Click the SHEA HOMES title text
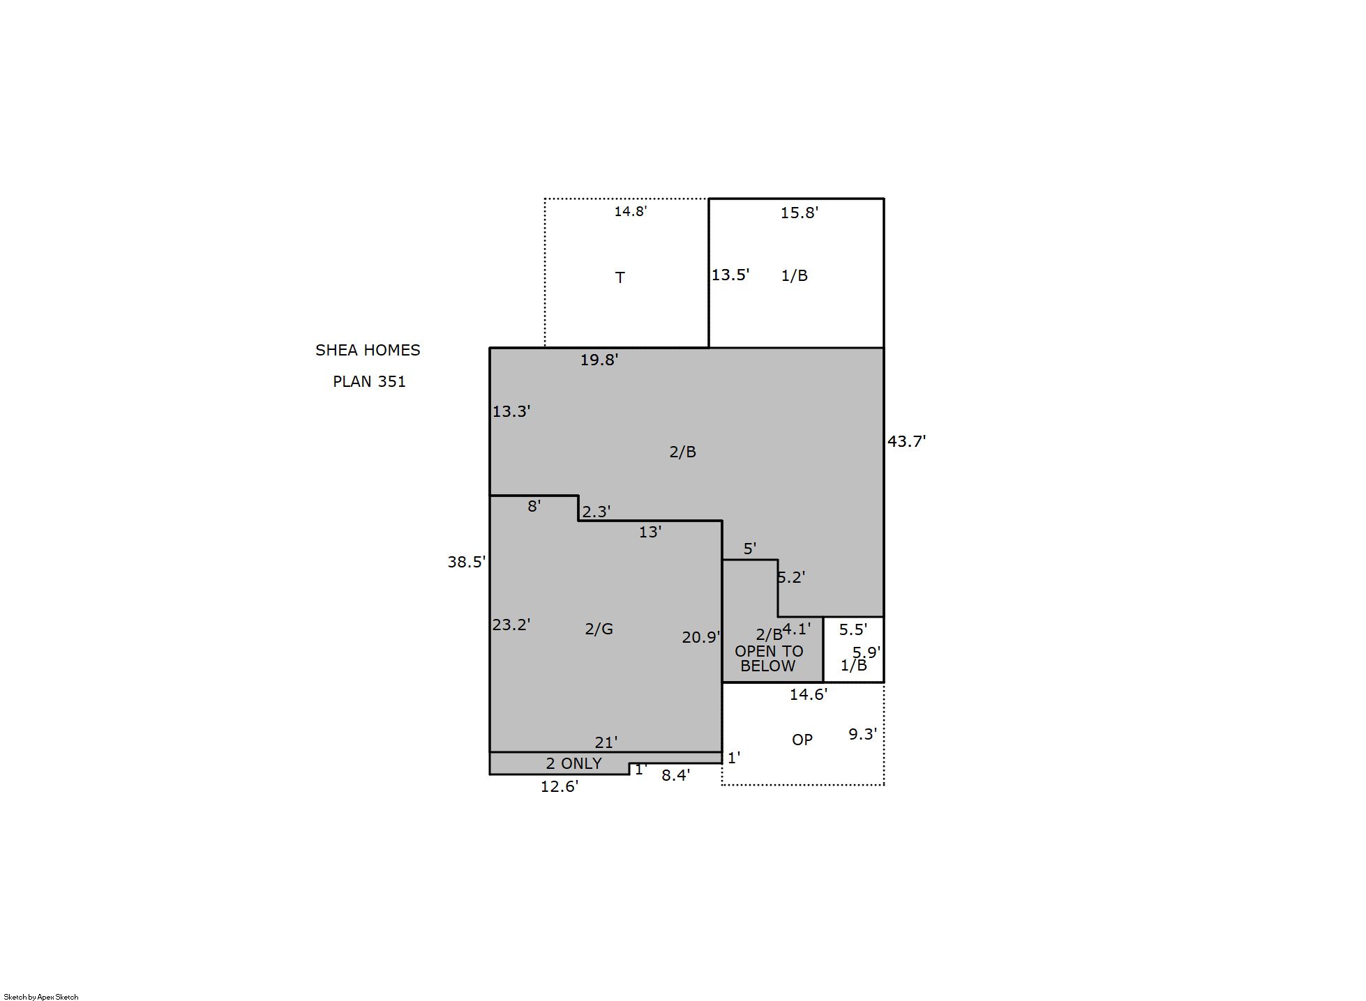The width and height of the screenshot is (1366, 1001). coord(368,350)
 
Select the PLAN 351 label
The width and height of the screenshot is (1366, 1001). coord(369,381)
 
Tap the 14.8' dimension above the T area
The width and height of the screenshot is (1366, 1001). coord(631,211)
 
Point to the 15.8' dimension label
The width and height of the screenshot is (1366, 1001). coord(799,213)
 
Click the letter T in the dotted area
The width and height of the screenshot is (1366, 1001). coord(620,277)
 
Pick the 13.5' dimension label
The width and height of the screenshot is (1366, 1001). coord(730,275)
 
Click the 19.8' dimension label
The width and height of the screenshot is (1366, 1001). coord(599,360)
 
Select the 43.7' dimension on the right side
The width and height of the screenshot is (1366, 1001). coord(906,441)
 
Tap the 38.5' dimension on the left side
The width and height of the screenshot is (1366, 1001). coord(467,562)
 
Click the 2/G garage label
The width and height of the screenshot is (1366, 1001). coord(599,629)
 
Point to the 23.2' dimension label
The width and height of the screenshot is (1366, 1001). coord(511,625)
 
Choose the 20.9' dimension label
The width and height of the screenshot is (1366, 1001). coord(701,637)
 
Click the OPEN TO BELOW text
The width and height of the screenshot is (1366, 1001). coord(768,659)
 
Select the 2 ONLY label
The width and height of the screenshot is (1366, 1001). coord(573,763)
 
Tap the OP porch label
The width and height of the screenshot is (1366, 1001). coord(802,740)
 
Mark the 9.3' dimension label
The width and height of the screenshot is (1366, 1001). coord(862,734)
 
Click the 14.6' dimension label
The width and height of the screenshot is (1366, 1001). coord(809,694)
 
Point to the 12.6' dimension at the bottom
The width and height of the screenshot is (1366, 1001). coord(560,786)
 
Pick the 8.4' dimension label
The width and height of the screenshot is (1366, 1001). coord(676,775)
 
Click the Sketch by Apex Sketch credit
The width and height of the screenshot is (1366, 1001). coord(41,997)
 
